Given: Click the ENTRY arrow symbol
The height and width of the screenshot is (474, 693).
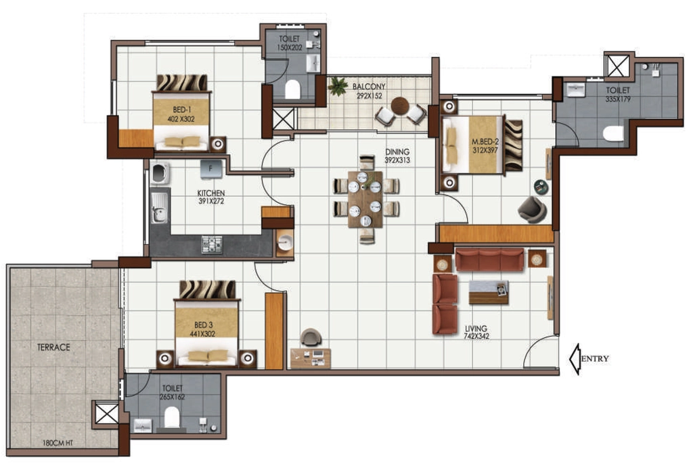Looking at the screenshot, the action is pyautogui.click(x=575, y=359).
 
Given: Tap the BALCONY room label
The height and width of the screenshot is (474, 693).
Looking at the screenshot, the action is pyautogui.click(x=369, y=87).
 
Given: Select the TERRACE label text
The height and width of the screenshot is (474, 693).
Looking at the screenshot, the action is pyautogui.click(x=53, y=348).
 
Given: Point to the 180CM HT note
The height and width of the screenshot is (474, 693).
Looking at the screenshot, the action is pyautogui.click(x=58, y=443).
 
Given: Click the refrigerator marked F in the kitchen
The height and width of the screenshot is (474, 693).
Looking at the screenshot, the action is pyautogui.click(x=211, y=169).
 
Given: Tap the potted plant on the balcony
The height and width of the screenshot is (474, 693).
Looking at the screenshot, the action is pyautogui.click(x=338, y=86).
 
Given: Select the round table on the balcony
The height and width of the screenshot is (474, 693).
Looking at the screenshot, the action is pyautogui.click(x=400, y=105).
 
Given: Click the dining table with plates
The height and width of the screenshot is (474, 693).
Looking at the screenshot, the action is pyautogui.click(x=365, y=199).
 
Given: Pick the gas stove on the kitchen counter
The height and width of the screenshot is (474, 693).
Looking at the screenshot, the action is pyautogui.click(x=212, y=245).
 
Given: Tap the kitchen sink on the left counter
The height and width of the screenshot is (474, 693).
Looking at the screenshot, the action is pyautogui.click(x=158, y=208).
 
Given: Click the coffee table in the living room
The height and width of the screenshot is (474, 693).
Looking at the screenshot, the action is pyautogui.click(x=489, y=292).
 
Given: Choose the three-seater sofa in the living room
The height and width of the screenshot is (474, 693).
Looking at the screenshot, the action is pyautogui.click(x=489, y=259).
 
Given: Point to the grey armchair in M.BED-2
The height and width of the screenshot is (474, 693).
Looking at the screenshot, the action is pyautogui.click(x=532, y=209).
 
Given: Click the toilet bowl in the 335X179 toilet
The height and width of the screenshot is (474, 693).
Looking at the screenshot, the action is pyautogui.click(x=613, y=133).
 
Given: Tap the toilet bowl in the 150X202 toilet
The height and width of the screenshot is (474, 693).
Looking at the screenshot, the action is pyautogui.click(x=292, y=89).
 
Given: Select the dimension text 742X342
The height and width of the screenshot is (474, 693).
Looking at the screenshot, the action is pyautogui.click(x=476, y=336).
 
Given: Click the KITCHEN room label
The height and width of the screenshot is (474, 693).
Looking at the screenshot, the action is pyautogui.click(x=211, y=193).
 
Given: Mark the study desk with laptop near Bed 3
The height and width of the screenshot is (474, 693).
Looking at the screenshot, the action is pyautogui.click(x=311, y=358).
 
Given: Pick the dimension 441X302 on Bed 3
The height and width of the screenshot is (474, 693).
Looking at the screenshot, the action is pyautogui.click(x=203, y=333).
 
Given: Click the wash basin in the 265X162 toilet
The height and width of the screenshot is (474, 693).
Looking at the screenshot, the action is pyautogui.click(x=142, y=425).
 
